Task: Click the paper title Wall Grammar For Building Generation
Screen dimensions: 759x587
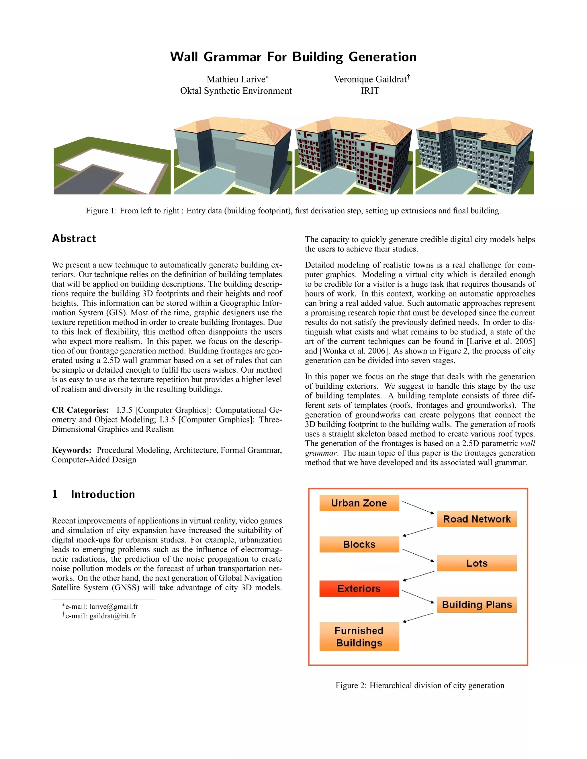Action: click(293, 57)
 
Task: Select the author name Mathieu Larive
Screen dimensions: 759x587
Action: click(236, 79)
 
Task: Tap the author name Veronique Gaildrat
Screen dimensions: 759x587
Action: click(370, 79)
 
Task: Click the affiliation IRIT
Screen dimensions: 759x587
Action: click(370, 91)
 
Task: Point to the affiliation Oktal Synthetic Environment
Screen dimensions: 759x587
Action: click(236, 91)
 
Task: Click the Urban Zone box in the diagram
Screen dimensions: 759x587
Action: click(359, 503)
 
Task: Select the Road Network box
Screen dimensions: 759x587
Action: click(476, 519)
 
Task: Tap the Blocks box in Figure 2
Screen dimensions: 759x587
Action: click(359, 544)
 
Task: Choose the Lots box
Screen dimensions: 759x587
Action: click(476, 563)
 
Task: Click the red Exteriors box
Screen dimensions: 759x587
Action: click(359, 588)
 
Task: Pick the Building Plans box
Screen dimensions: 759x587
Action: click(476, 604)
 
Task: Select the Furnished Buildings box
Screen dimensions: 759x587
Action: click(359, 636)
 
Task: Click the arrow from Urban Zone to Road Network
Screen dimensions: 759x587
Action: click(418, 508)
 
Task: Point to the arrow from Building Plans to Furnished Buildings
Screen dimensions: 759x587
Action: click(418, 618)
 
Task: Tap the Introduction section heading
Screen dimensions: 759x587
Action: click(103, 494)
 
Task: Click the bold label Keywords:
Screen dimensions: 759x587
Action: click(72, 450)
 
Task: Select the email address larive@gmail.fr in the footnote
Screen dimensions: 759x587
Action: click(114, 606)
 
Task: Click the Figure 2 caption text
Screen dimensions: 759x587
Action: click(419, 685)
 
